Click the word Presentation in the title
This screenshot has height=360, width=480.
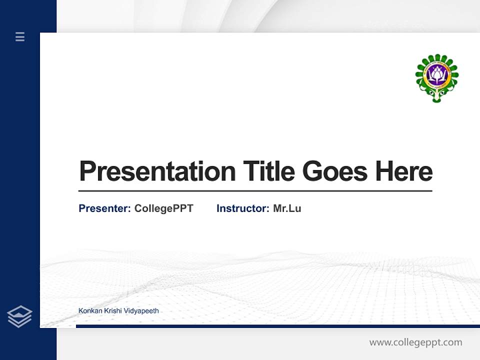157,171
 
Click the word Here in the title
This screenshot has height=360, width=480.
403,171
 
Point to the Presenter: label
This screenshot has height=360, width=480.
104,208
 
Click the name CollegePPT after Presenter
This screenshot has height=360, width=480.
163,208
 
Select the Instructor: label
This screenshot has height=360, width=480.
242,208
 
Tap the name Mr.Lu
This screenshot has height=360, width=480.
287,208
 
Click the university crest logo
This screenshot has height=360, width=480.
437,78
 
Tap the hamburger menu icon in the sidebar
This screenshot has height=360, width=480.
20,36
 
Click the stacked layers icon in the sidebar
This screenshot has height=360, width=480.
20,316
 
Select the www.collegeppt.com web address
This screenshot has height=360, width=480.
415,342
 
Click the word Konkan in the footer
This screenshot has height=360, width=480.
89,311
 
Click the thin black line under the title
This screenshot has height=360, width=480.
255,191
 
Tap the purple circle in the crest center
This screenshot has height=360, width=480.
437,75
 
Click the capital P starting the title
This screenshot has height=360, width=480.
87,171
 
